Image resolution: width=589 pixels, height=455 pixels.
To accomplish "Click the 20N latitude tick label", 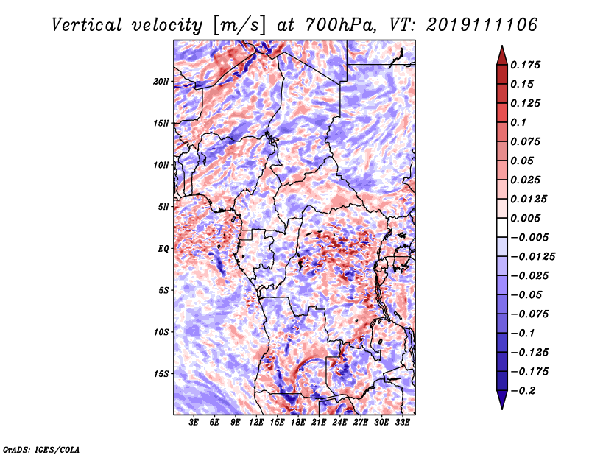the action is (x=161, y=82).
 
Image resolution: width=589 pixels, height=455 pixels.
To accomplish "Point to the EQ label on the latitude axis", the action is (x=163, y=249).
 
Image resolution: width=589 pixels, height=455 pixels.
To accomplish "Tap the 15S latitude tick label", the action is (x=161, y=374).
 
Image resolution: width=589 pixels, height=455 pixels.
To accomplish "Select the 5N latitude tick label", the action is (x=163, y=207).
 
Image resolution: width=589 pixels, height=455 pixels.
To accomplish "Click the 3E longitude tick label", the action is (x=194, y=423).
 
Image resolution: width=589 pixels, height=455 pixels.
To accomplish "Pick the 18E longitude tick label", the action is (x=298, y=423).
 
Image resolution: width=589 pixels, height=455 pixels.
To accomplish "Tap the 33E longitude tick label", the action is (x=402, y=423).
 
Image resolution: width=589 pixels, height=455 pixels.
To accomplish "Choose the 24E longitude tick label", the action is (x=339, y=423).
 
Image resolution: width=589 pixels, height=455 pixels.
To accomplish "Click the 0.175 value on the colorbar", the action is (x=526, y=65).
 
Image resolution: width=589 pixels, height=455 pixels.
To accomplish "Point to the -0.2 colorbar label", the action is (x=523, y=391).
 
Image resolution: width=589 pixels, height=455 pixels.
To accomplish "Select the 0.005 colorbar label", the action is (x=526, y=218).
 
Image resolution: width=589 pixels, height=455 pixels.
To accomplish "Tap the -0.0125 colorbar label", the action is (x=532, y=257).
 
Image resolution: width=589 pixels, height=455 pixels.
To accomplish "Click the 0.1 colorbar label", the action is (x=518, y=122).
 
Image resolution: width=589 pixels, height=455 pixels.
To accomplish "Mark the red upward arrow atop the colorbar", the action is (x=502, y=55).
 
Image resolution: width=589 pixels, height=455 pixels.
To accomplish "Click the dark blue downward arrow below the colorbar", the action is (x=502, y=400).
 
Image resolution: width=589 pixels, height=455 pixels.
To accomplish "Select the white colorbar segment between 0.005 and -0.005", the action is (x=502, y=227).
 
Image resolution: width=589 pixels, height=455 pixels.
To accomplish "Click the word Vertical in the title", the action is (x=87, y=25).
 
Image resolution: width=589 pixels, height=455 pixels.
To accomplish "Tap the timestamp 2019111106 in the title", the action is (x=482, y=25).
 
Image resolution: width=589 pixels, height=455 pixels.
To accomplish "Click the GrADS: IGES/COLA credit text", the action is (x=41, y=450).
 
